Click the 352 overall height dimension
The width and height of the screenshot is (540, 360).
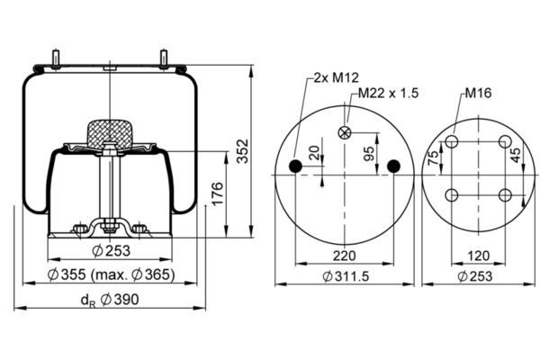tap(243, 151)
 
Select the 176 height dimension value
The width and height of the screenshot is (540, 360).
tap(217, 194)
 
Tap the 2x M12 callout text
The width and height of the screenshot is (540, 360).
tap(336, 77)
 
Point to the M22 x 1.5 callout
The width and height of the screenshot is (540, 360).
tap(389, 93)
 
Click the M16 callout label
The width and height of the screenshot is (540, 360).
tap(478, 93)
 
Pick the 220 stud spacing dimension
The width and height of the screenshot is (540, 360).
tap(345, 256)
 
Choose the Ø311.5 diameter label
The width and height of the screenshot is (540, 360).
tap(346, 276)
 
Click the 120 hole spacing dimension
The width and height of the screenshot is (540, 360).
tap(479, 256)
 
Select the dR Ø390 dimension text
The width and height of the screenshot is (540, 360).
tap(110, 300)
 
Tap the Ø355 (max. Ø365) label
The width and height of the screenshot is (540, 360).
tap(111, 274)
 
